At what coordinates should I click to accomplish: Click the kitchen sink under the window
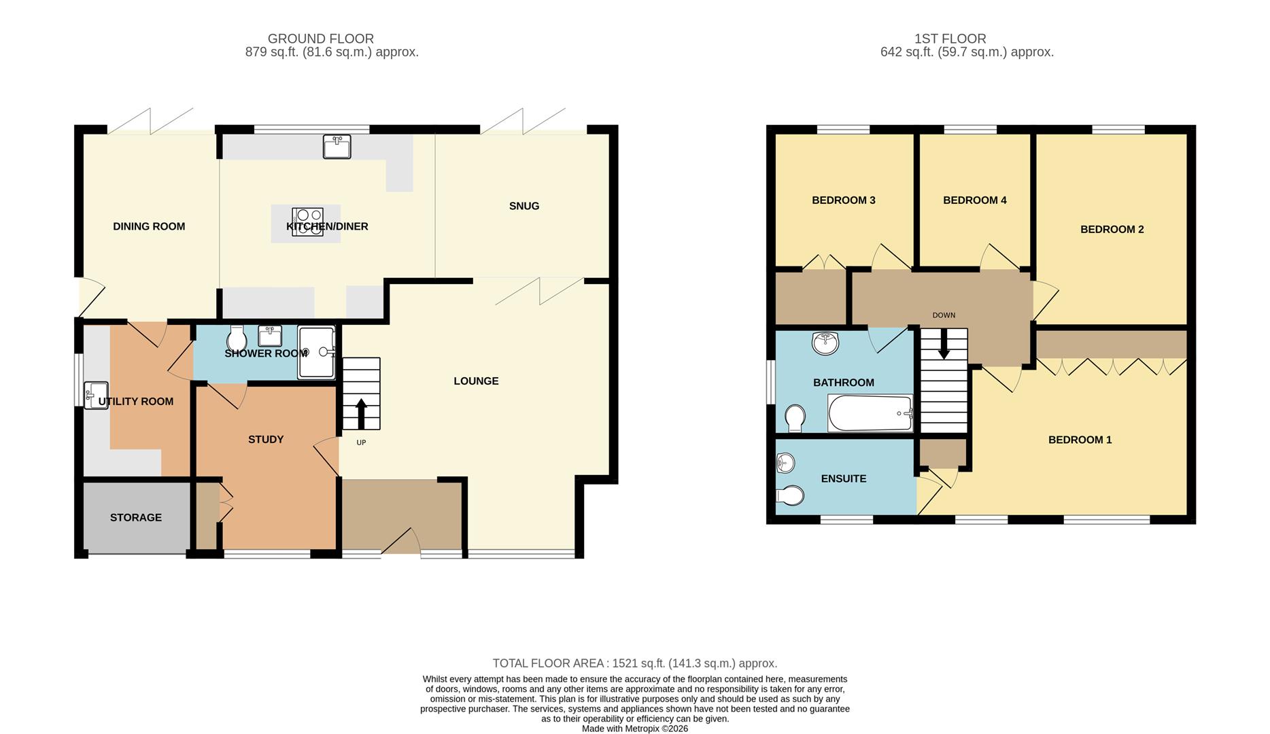coord(337,147)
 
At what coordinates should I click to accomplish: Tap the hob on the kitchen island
coord(307,222)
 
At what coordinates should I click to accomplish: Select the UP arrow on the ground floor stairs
coord(361,414)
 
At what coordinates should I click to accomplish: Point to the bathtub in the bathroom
coord(870,413)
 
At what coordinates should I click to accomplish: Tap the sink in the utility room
coord(96,395)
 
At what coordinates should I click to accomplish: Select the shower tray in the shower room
coord(316,352)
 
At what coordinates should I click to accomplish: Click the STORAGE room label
coord(136,518)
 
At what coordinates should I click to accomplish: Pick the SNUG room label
coord(524,206)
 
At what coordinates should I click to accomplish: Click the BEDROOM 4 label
coord(974,200)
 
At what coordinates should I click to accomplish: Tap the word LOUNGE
coord(476,381)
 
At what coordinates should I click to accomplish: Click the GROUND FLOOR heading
coord(320,39)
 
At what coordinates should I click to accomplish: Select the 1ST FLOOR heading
coord(950,39)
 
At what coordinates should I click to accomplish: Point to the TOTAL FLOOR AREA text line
coord(634,663)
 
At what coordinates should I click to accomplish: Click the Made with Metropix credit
coord(634,729)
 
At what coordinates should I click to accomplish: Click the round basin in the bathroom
coord(825,343)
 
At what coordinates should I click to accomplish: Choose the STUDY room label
coord(266,440)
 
